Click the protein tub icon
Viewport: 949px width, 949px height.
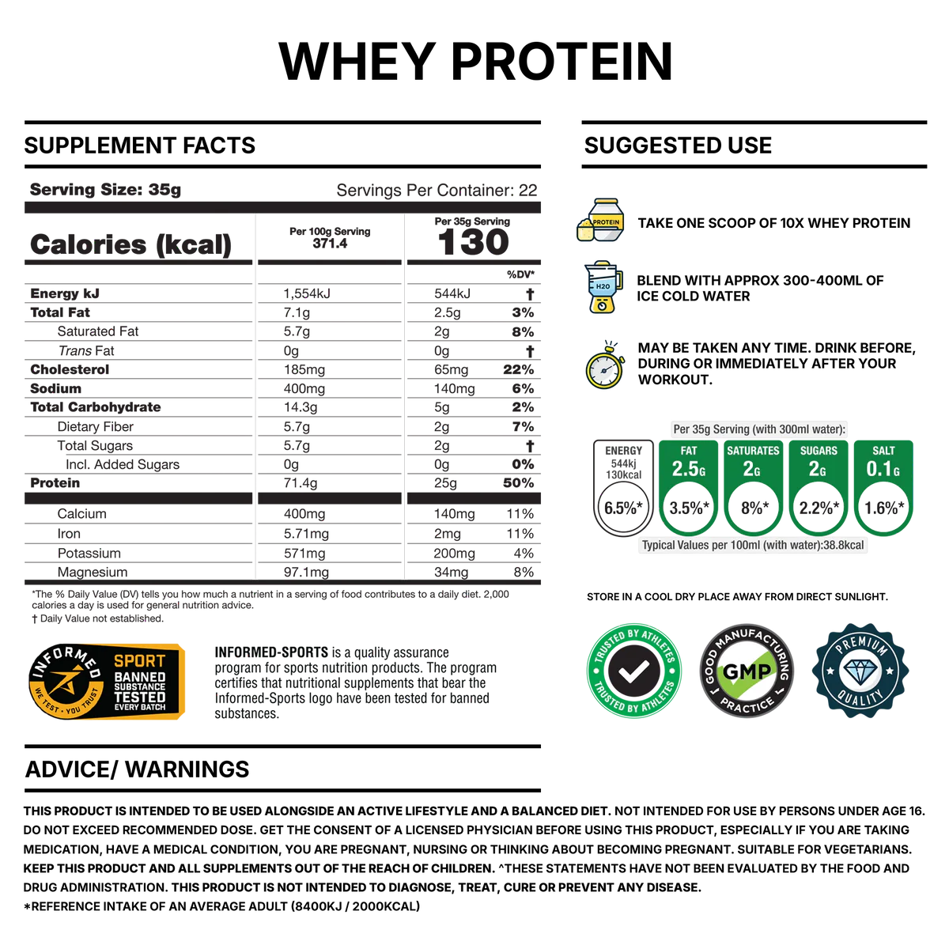pyautogui.click(x=603, y=220)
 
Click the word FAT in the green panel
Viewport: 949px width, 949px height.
pyautogui.click(x=688, y=451)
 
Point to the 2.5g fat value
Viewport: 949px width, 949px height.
pyautogui.click(x=688, y=469)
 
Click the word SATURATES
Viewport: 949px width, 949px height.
pyautogui.click(x=753, y=451)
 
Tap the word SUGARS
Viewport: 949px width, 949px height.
pyautogui.click(x=818, y=451)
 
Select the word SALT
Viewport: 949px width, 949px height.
pyautogui.click(x=883, y=451)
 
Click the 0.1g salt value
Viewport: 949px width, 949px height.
pyautogui.click(x=883, y=469)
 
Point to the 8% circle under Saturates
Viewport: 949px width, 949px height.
pyautogui.click(x=753, y=508)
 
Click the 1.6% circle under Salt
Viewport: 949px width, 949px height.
pyautogui.click(x=883, y=508)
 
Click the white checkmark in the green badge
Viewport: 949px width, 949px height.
pyautogui.click(x=633, y=672)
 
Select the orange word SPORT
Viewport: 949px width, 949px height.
pyautogui.click(x=140, y=661)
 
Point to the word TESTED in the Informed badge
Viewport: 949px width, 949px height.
pyautogui.click(x=140, y=696)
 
